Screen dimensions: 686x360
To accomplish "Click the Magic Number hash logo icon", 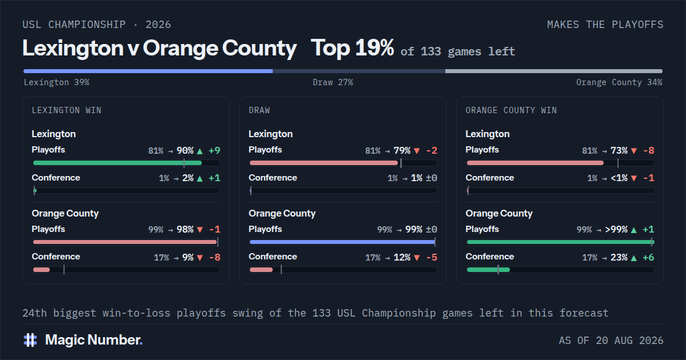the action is click(x=30, y=340).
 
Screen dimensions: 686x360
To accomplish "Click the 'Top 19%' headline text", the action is click(x=352, y=48).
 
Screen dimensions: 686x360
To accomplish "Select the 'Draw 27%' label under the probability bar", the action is click(x=333, y=82).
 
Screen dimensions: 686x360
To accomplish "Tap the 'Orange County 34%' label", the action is click(x=619, y=82).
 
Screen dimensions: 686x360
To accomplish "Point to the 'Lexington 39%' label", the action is click(x=57, y=82).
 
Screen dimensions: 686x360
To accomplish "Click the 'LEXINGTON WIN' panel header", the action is click(x=66, y=110).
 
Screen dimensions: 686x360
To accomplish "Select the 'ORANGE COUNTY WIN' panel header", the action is click(x=511, y=110).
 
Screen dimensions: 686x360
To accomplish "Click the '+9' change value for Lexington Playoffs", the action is click(x=214, y=151).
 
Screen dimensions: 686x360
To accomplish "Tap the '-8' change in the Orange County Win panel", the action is click(x=649, y=151).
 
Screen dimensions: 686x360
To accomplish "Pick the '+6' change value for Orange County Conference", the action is click(x=648, y=258).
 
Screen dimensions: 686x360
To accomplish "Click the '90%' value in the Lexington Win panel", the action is click(x=185, y=151).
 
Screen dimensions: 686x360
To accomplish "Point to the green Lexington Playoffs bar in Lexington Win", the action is click(x=117, y=163).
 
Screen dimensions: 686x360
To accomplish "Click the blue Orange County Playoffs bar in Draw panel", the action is click(x=342, y=242).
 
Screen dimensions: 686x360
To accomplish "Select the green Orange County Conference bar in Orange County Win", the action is click(x=488, y=270).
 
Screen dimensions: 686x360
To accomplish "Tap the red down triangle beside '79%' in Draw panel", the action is click(x=417, y=151).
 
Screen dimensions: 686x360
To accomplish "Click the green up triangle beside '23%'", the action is click(x=634, y=258).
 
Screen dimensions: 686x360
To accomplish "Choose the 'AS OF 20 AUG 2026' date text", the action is click(x=611, y=341).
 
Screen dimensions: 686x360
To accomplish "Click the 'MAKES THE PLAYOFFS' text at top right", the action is click(x=605, y=25).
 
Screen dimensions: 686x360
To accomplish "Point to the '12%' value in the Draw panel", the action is click(x=402, y=258).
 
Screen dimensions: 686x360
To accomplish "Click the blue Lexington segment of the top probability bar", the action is click(x=148, y=71).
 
